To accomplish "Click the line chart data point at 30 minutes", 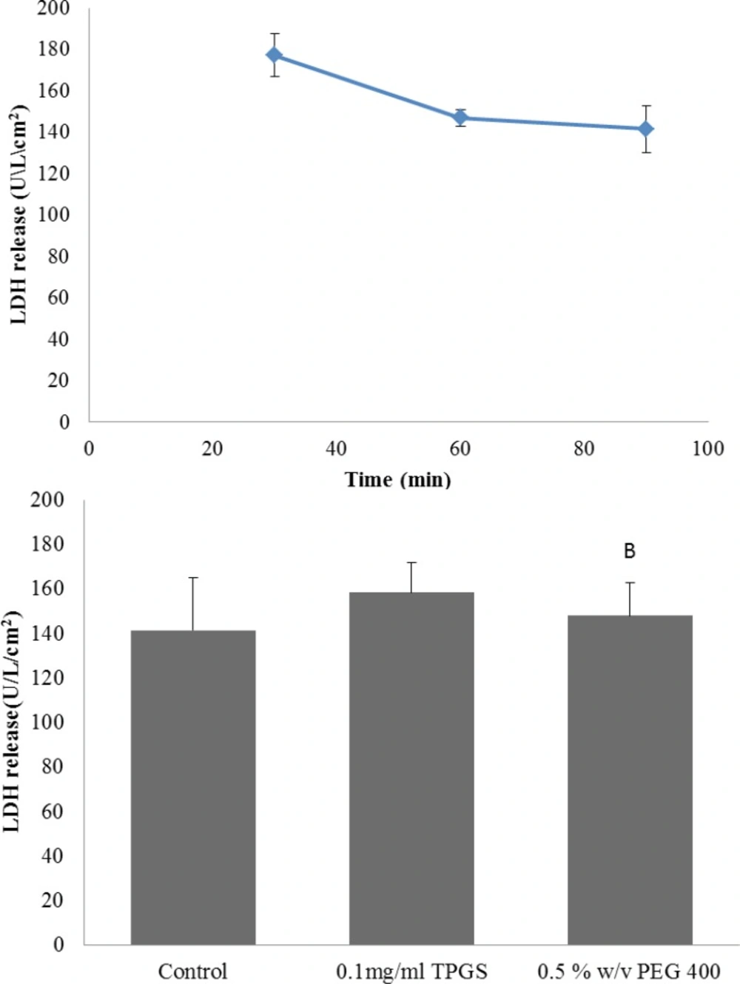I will (275, 55).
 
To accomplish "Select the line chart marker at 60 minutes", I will (460, 117).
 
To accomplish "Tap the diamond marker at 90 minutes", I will (646, 129).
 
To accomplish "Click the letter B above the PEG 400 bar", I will (630, 551).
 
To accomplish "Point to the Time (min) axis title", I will (398, 479).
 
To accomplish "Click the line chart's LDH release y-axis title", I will (19, 215).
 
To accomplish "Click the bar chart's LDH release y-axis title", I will (13, 721).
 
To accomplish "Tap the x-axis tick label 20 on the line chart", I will (212, 448).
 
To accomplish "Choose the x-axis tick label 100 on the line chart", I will (707, 448).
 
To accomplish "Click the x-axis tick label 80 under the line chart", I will (584, 448).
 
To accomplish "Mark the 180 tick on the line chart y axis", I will (54, 49).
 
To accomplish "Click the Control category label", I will (193, 971).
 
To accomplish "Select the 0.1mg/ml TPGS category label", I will (411, 971).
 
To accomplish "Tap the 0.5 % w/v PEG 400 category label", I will (629, 971).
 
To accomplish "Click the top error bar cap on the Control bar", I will (193, 578).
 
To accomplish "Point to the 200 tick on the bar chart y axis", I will (47, 499).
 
